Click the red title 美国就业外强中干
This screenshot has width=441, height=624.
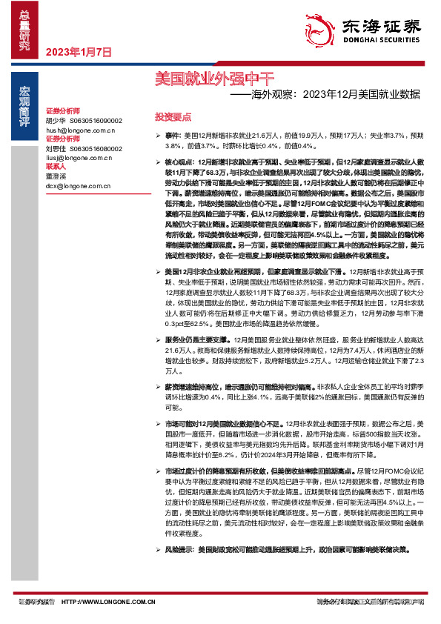click(215, 76)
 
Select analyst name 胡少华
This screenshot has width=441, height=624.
click(56, 119)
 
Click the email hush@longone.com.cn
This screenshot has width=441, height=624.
click(81, 129)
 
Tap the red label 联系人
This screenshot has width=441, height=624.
click(56, 167)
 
